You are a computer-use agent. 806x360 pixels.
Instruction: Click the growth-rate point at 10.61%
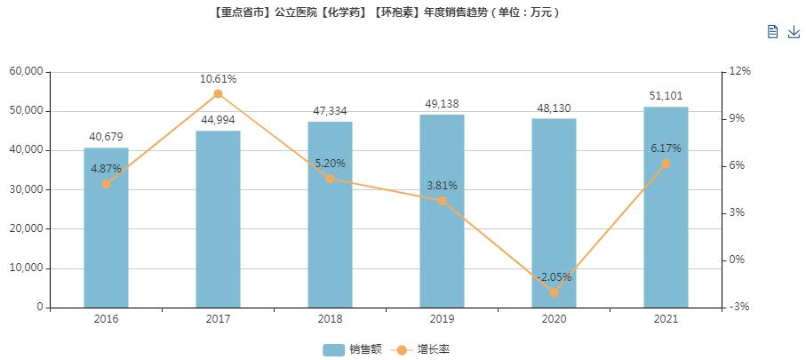218,93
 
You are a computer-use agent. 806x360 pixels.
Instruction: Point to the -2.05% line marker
554,292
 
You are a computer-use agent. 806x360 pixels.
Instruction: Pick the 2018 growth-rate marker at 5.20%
330,179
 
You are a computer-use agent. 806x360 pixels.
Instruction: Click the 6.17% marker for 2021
666,164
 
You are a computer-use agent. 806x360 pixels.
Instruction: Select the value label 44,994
218,120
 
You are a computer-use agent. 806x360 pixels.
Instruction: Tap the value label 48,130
554,108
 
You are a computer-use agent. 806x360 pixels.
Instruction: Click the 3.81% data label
442,186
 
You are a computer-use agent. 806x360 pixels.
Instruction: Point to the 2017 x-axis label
218,319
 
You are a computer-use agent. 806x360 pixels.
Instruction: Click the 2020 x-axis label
554,319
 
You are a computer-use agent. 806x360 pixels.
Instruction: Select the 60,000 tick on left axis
27,71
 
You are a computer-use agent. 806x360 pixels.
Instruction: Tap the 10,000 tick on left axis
27,268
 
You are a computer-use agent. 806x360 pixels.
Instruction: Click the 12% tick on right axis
739,71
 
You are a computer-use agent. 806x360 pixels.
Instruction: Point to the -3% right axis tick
739,308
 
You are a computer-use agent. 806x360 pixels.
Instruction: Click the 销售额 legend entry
352,349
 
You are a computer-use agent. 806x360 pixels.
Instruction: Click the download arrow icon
794,32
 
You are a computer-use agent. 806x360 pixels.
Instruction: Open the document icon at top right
772,32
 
